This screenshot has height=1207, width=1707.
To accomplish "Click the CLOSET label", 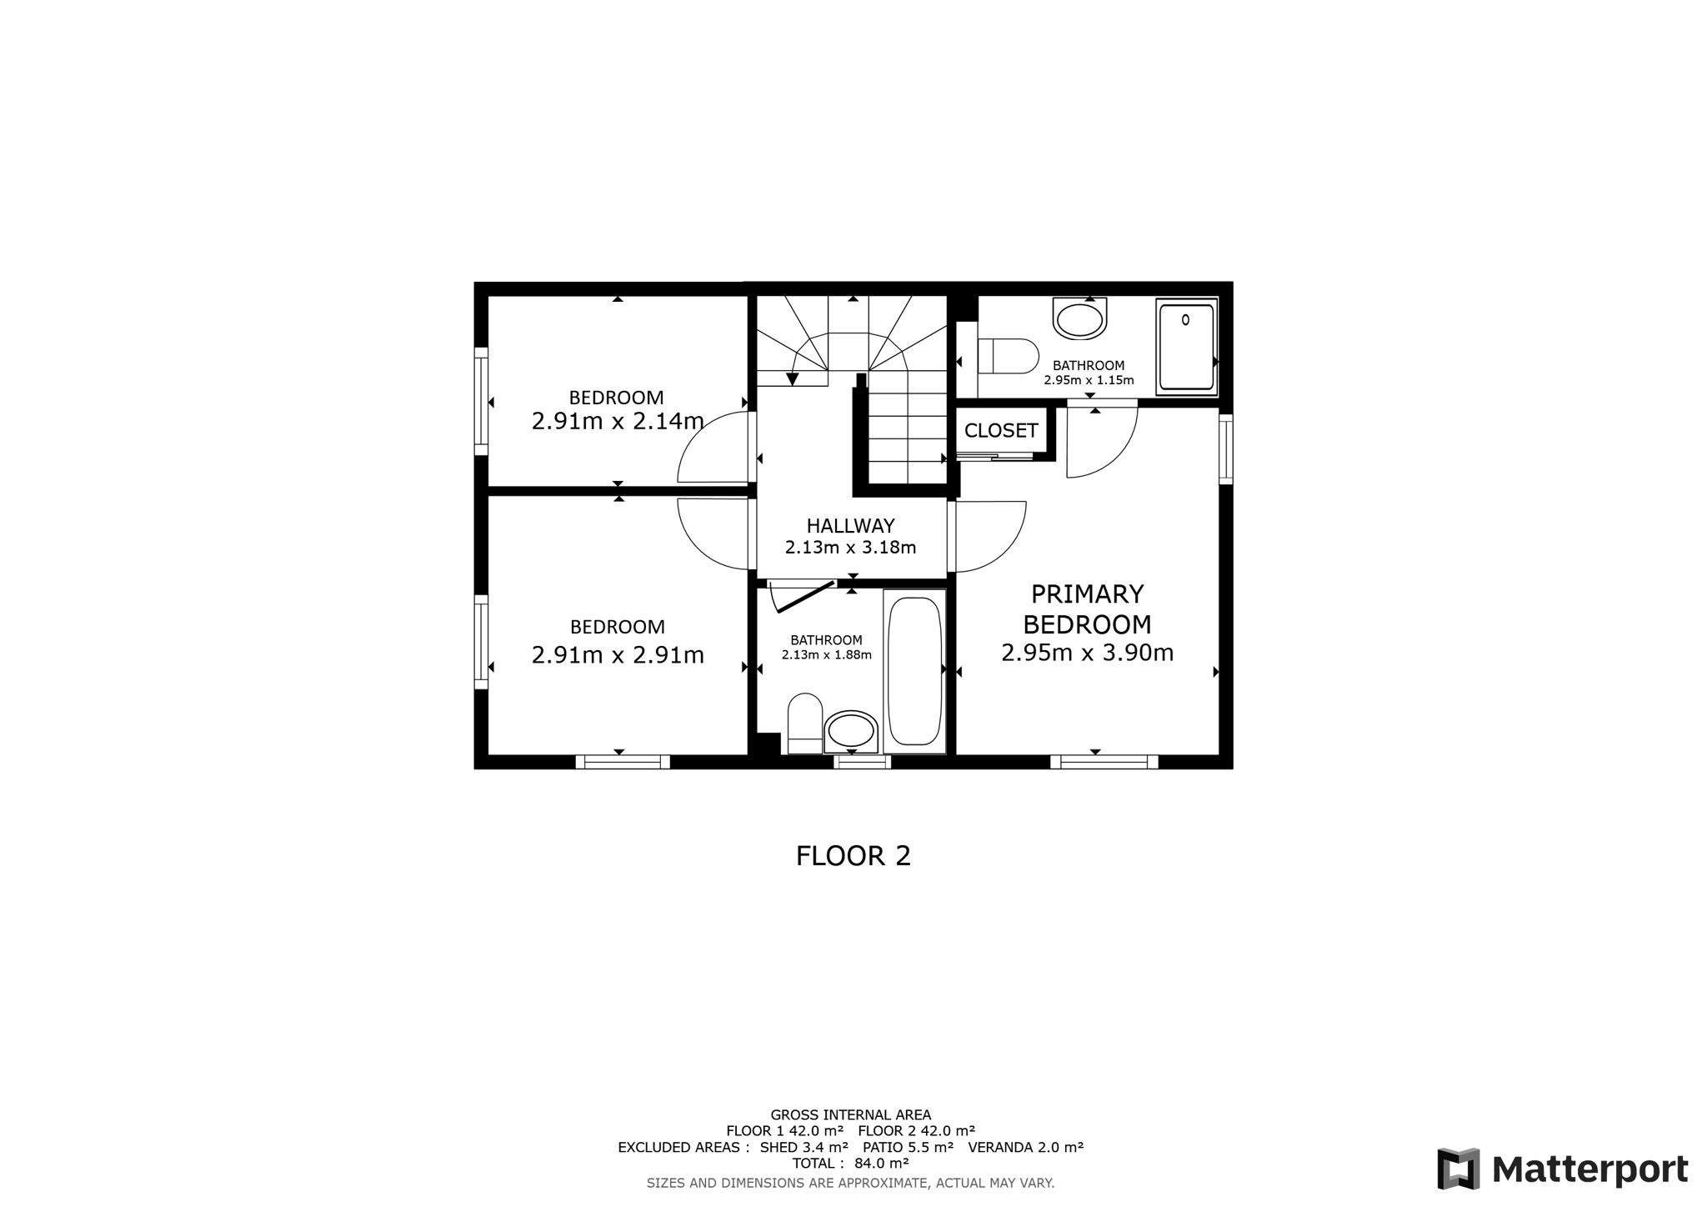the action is pos(1000,430).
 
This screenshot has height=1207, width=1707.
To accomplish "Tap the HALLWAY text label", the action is pos(850,526).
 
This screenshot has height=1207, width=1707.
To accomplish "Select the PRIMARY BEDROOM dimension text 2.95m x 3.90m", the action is pos(1087,653).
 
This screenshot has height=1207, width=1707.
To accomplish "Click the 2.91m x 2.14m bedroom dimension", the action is pos(618,422).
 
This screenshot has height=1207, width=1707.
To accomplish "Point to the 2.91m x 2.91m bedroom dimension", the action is pos(618,655).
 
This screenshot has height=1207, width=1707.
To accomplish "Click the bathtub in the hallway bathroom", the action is pos(914,671).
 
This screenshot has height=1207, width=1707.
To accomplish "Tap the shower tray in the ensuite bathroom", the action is pos(1186,347).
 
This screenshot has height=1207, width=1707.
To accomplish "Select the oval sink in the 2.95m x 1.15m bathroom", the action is pos(1079,320).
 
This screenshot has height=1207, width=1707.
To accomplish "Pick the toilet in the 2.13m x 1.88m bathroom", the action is pos(804,722).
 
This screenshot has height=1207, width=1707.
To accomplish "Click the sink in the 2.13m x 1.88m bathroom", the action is pos(851,732).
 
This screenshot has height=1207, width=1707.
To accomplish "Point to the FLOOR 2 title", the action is pos(853,856).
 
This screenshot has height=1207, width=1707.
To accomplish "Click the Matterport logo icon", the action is pos(1458,1169).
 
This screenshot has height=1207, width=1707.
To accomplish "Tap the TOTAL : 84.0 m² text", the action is pos(850,1163).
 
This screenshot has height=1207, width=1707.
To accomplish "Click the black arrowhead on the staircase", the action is pos(793,379).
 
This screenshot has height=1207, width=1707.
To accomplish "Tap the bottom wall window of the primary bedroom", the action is pos(1104,762).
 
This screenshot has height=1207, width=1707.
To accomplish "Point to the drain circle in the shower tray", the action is pos(1186,319).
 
